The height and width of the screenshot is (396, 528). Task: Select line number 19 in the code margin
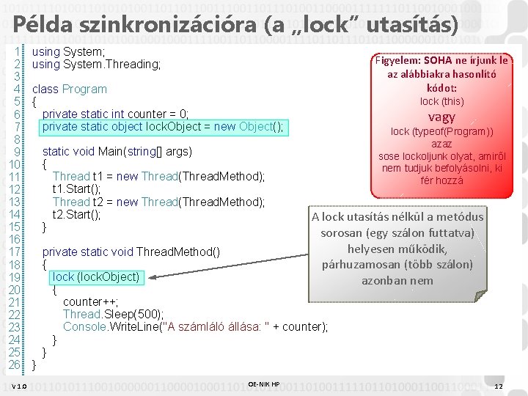point(14,276)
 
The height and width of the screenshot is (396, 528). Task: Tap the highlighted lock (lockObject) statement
point(96,276)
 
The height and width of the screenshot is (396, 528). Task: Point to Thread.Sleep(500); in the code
point(114,314)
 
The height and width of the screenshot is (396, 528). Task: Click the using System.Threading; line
point(97,65)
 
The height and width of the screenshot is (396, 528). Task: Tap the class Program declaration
point(70,89)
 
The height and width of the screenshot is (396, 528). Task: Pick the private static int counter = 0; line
point(116,114)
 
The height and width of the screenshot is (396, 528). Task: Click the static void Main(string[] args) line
point(117,151)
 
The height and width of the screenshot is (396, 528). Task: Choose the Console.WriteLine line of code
point(195,326)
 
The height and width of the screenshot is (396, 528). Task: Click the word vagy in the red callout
point(441,117)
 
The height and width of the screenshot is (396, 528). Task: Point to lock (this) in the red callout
point(441,101)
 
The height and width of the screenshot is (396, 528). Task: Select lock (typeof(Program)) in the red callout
point(441,131)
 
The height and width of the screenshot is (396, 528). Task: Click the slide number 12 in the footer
point(499,386)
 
